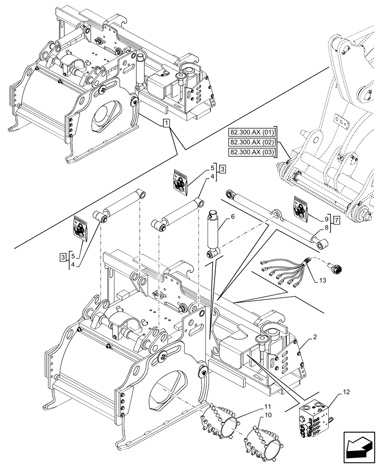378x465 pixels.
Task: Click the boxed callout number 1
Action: coord(167,123)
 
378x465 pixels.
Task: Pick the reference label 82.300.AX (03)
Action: coord(253,152)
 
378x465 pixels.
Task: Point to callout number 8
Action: coord(326,228)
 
